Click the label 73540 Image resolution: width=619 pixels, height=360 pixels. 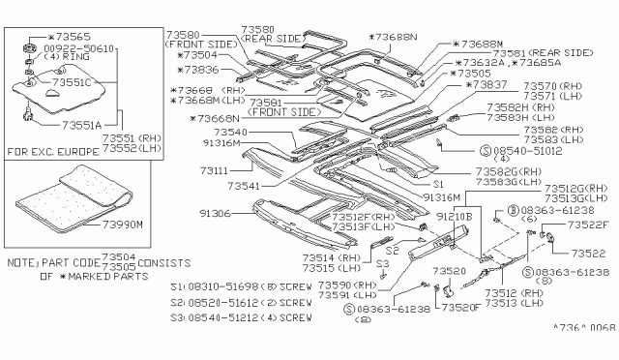pos(231,131)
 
